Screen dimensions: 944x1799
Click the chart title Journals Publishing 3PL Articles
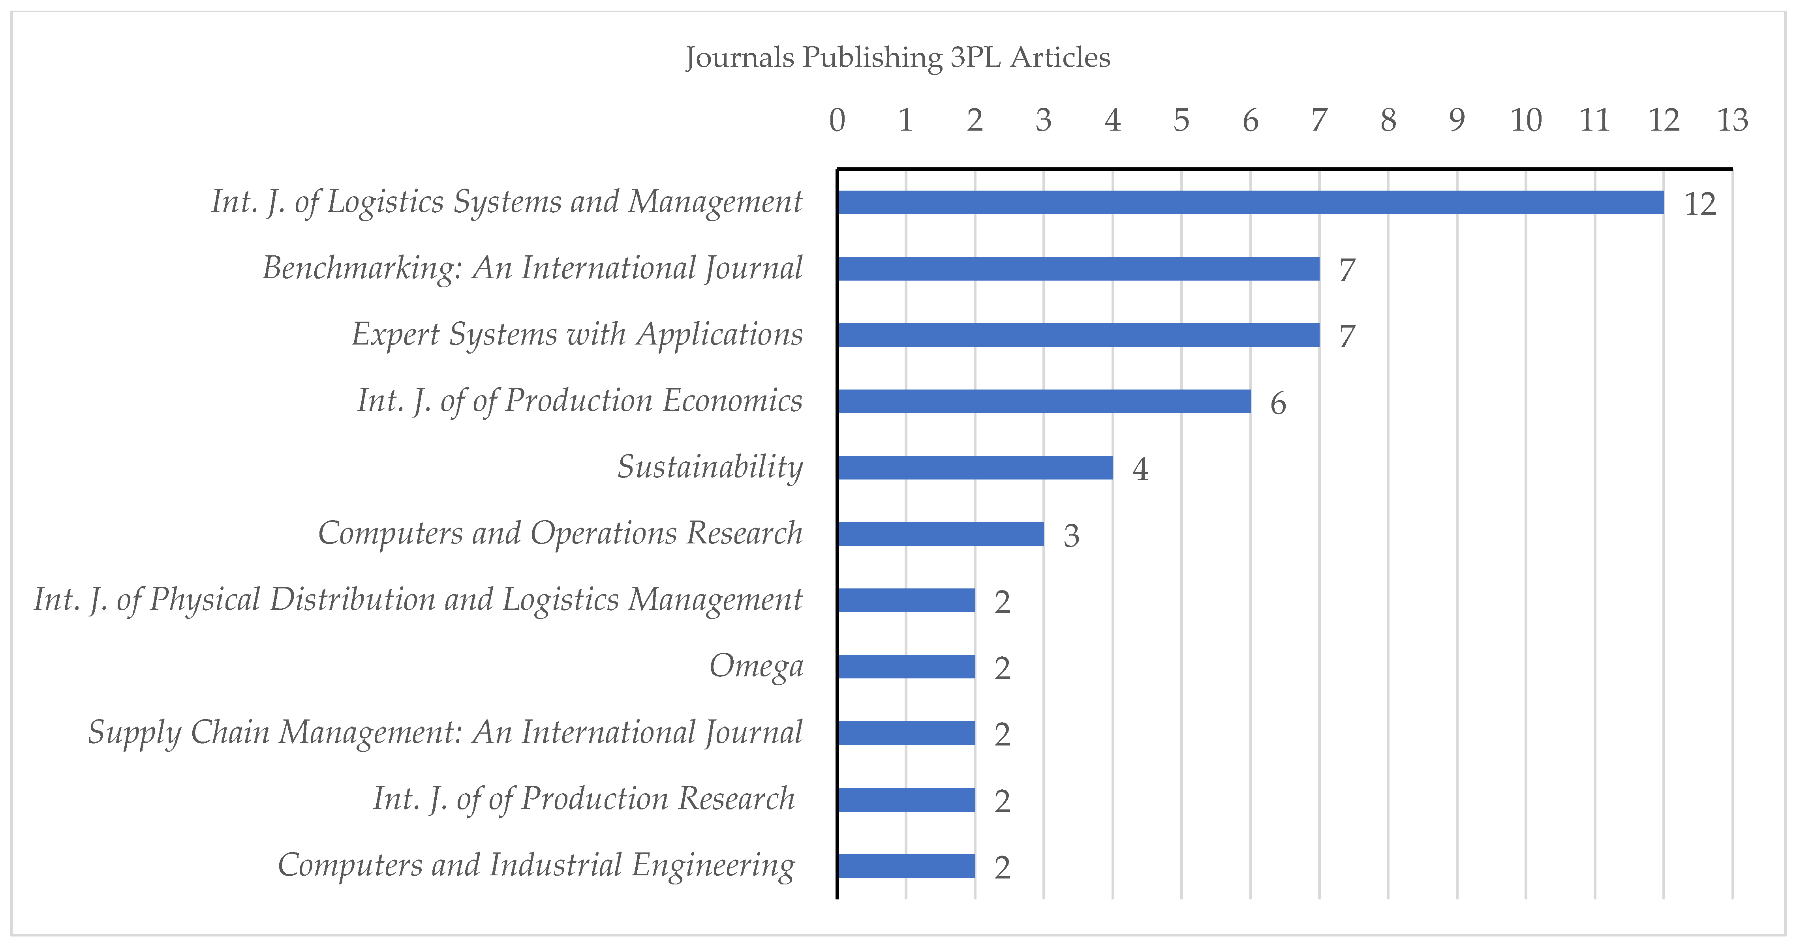(x=898, y=57)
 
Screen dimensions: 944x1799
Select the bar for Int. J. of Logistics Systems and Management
(x=1250, y=202)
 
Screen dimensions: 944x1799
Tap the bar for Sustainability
(x=975, y=467)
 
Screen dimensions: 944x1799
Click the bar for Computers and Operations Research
(x=941, y=534)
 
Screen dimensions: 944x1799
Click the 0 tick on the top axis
(x=838, y=120)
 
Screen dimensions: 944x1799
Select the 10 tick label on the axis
(x=1526, y=120)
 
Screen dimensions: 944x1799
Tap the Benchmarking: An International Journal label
(x=532, y=268)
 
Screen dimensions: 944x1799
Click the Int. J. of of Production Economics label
(x=580, y=401)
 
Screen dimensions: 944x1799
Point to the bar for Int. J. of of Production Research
(x=907, y=800)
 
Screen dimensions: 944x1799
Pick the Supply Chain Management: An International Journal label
(x=445, y=732)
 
